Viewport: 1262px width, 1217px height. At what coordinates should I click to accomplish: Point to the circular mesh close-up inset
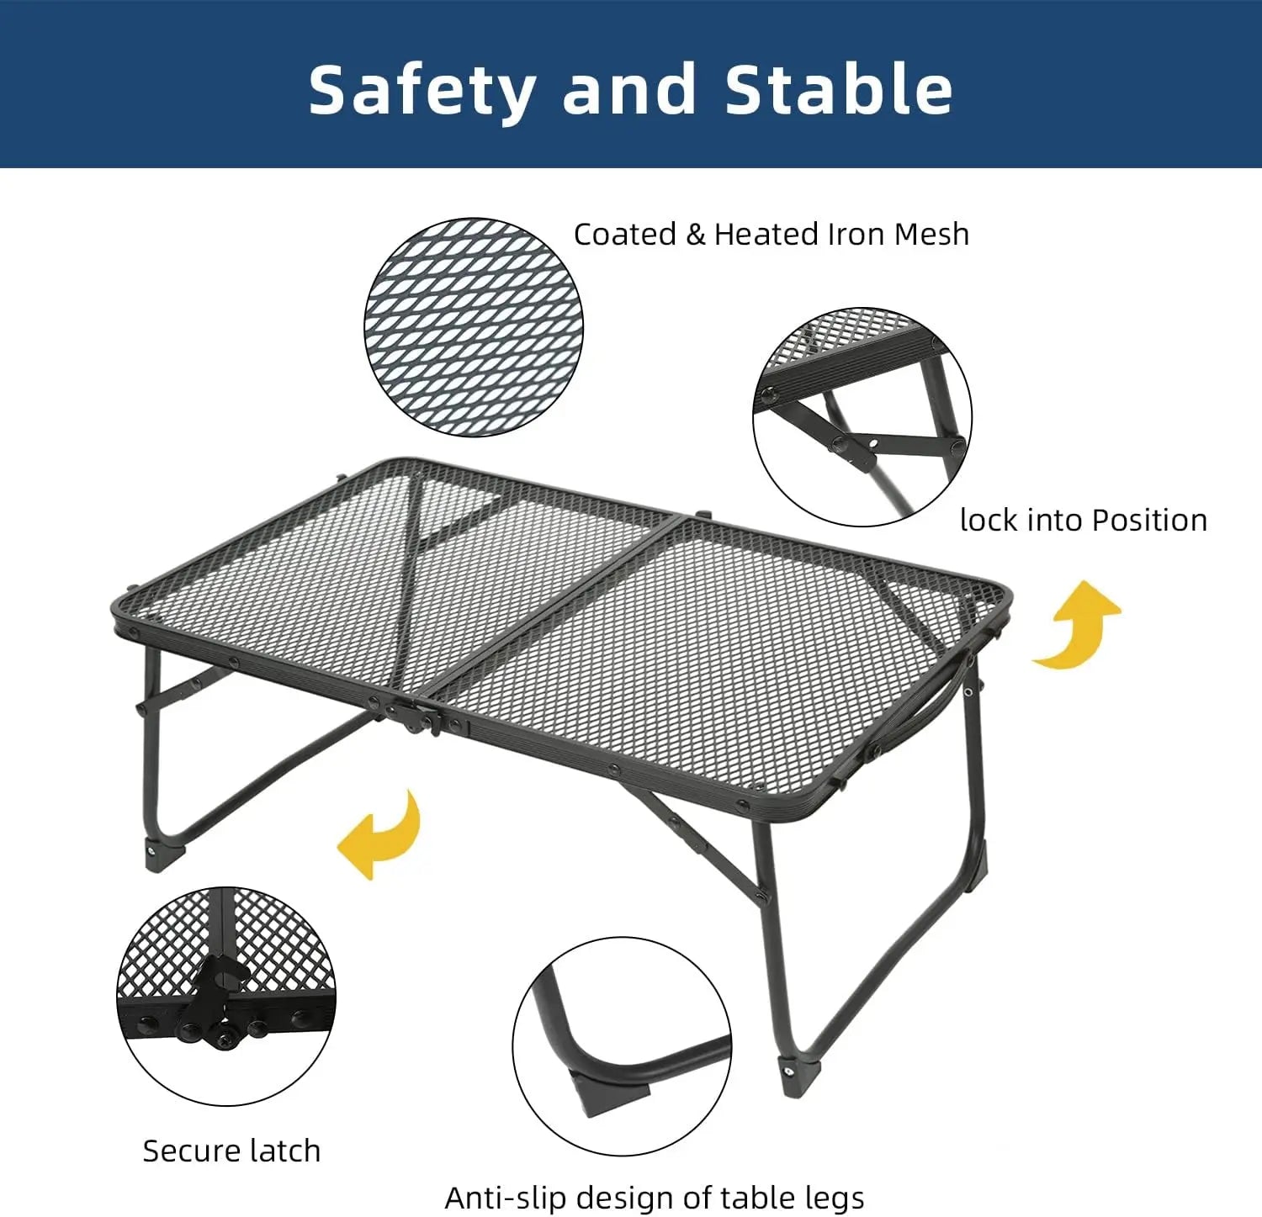coord(474,327)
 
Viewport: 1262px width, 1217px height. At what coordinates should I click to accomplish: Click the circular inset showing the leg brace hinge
coord(862,416)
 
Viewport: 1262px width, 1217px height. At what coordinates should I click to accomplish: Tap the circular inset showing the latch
coord(225,996)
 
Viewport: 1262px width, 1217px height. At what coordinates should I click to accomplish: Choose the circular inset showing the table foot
coord(622,1046)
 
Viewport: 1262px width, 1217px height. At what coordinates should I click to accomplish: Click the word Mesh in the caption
coord(931,234)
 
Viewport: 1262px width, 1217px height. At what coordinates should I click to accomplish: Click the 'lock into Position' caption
coord(1084,521)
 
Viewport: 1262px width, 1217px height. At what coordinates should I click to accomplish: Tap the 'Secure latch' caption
coord(231,1151)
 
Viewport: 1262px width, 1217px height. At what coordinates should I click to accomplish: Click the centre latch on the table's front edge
coord(418,716)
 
